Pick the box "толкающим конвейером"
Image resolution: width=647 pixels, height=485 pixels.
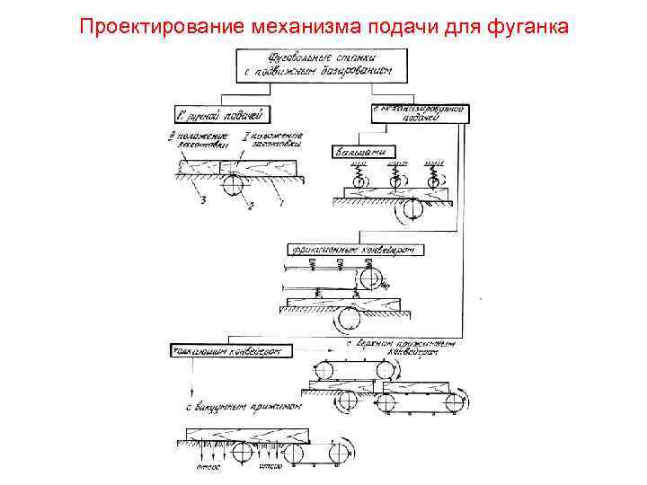231,350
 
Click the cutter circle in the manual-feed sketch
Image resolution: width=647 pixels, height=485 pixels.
233,184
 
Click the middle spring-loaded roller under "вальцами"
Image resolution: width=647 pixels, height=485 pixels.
396,181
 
